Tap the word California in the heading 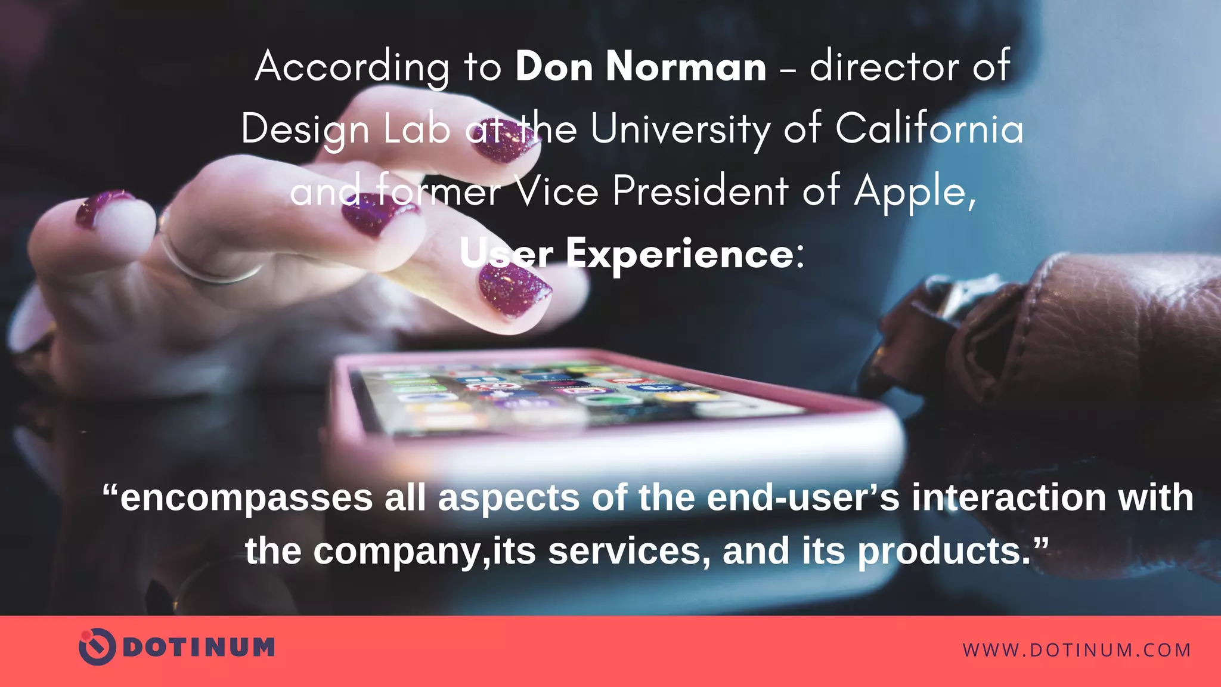(929, 128)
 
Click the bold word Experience (680, 254)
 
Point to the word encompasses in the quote (246, 498)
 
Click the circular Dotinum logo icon (97, 646)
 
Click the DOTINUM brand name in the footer (199, 648)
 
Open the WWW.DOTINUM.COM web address (1077, 650)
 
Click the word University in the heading (680, 129)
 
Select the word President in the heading (701, 191)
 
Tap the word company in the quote (396, 551)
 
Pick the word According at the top (352, 67)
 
